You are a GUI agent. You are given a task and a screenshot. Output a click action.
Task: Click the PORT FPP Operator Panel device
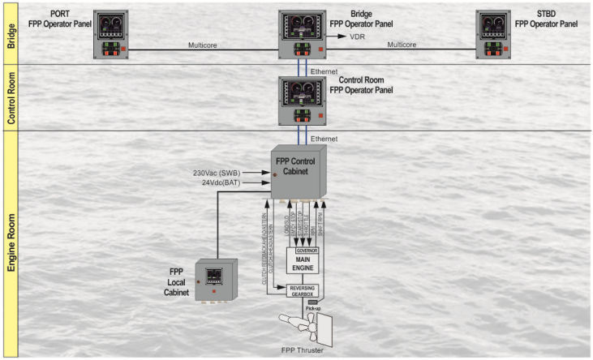point(114,35)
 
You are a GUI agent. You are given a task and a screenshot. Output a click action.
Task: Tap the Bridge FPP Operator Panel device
point(303,35)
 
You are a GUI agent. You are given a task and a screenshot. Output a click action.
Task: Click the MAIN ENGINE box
point(303,263)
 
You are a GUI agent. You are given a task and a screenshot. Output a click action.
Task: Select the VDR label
point(357,37)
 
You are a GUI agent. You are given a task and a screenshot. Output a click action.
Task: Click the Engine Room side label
point(11,243)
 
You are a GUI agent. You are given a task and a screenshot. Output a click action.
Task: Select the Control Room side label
point(11,98)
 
